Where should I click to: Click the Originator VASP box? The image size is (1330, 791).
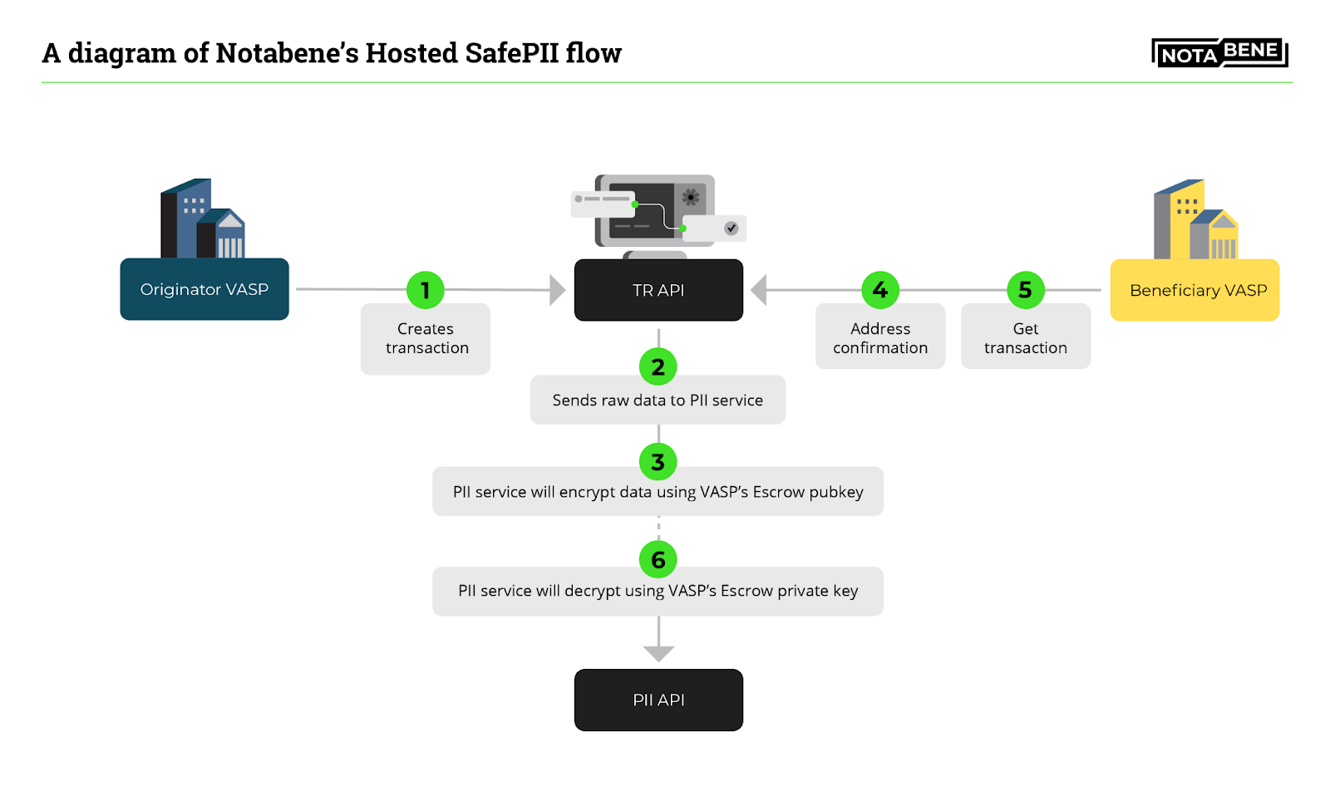204,289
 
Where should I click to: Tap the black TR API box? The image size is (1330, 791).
658,290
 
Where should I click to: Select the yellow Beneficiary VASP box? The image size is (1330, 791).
1195,290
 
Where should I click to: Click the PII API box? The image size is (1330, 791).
658,700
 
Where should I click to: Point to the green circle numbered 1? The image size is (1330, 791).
426,290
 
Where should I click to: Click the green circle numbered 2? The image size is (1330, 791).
658,366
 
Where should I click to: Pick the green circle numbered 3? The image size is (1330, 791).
658,462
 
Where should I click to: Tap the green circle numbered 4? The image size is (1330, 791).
880,290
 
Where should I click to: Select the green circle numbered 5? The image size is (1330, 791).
1026,290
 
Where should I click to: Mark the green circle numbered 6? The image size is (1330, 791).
658,560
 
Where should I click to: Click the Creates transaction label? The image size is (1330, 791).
426,339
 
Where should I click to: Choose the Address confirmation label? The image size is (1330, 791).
880,338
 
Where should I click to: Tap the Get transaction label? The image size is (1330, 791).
1026,338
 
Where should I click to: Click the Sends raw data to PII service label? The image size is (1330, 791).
658,400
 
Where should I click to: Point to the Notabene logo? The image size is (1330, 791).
1219,53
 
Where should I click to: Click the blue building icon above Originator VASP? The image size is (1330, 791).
202,219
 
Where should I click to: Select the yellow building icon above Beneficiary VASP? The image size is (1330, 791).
1195,220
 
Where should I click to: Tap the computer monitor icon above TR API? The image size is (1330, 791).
657,211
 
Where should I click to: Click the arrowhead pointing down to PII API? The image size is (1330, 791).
658,653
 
